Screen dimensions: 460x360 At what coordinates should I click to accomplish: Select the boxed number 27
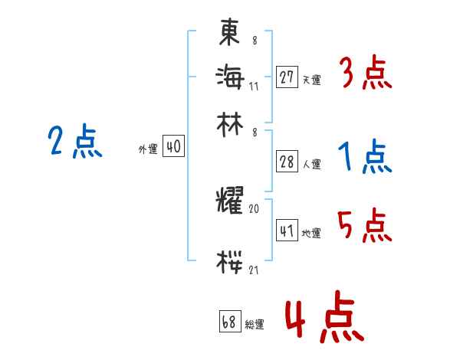click(x=287, y=77)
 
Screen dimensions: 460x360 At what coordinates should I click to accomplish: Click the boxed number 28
click(x=287, y=162)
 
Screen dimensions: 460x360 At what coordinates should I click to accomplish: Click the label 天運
click(x=311, y=80)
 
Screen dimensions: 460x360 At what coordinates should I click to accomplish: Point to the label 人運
click(x=311, y=164)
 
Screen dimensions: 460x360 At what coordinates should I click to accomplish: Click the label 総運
click(x=255, y=325)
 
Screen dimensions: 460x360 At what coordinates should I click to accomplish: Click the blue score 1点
click(x=365, y=158)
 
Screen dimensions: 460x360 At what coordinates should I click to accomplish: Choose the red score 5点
click(x=366, y=225)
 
